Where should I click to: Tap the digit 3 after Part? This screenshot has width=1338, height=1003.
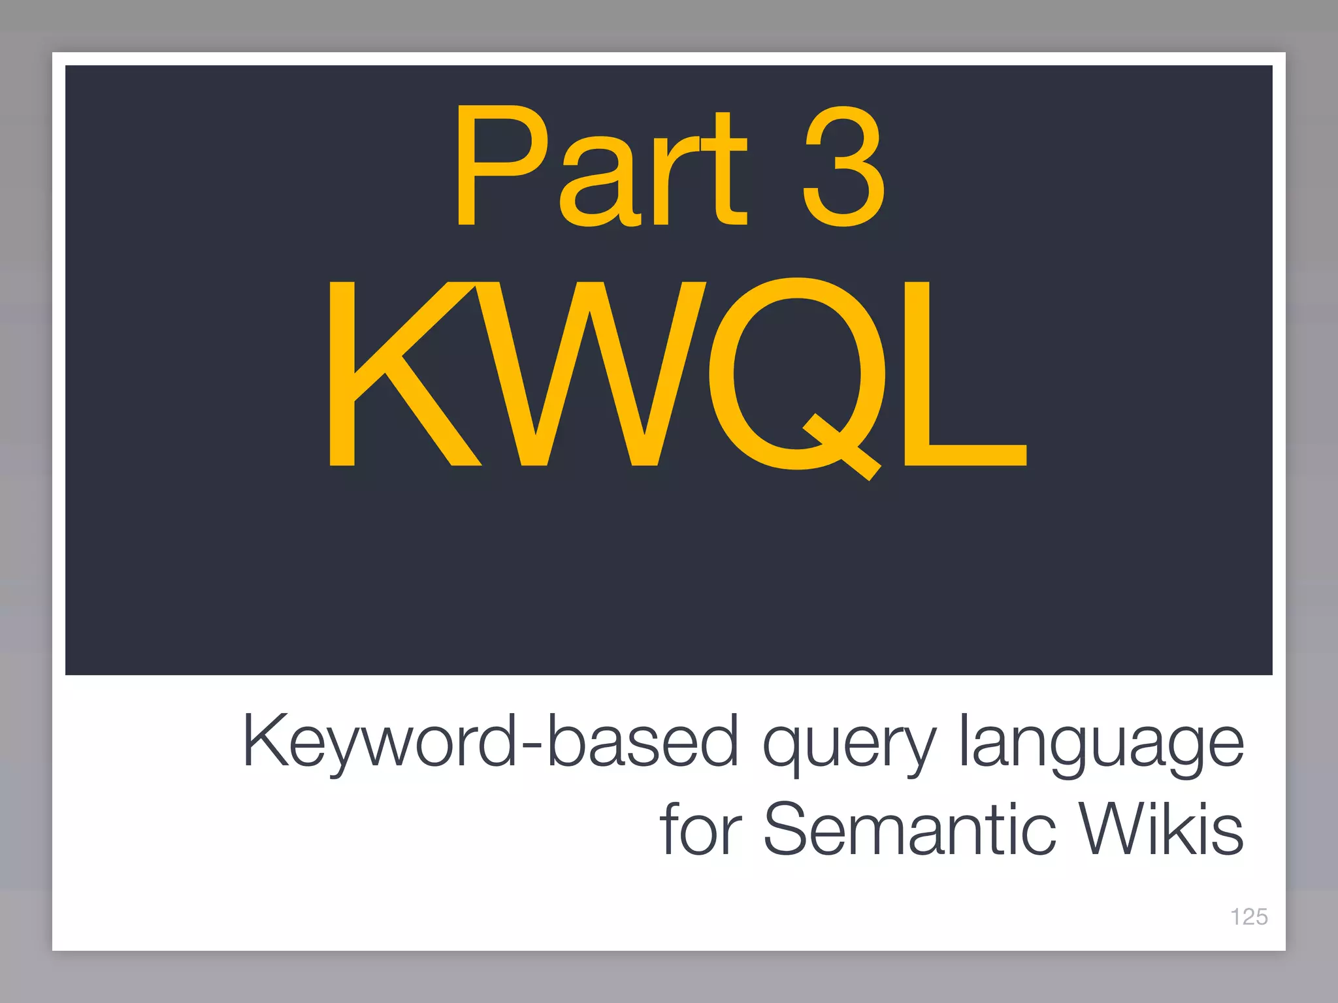843,167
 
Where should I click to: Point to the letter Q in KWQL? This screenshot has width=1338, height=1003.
798,375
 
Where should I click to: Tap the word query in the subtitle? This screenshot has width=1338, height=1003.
849,744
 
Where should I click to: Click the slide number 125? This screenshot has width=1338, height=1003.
1248,917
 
